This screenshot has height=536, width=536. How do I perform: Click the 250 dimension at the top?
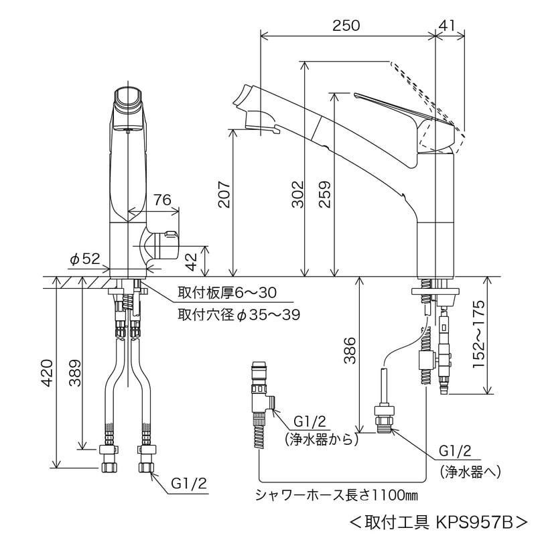pos(347,25)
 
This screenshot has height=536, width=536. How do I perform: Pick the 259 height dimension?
pos(326,194)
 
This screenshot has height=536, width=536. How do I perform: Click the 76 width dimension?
pos(163,200)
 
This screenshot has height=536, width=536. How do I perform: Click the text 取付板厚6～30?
pos(226,293)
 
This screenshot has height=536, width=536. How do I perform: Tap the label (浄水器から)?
pos(321,440)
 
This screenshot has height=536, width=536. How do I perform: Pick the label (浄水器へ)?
pos(470,471)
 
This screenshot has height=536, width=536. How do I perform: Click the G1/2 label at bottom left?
pos(190,482)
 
